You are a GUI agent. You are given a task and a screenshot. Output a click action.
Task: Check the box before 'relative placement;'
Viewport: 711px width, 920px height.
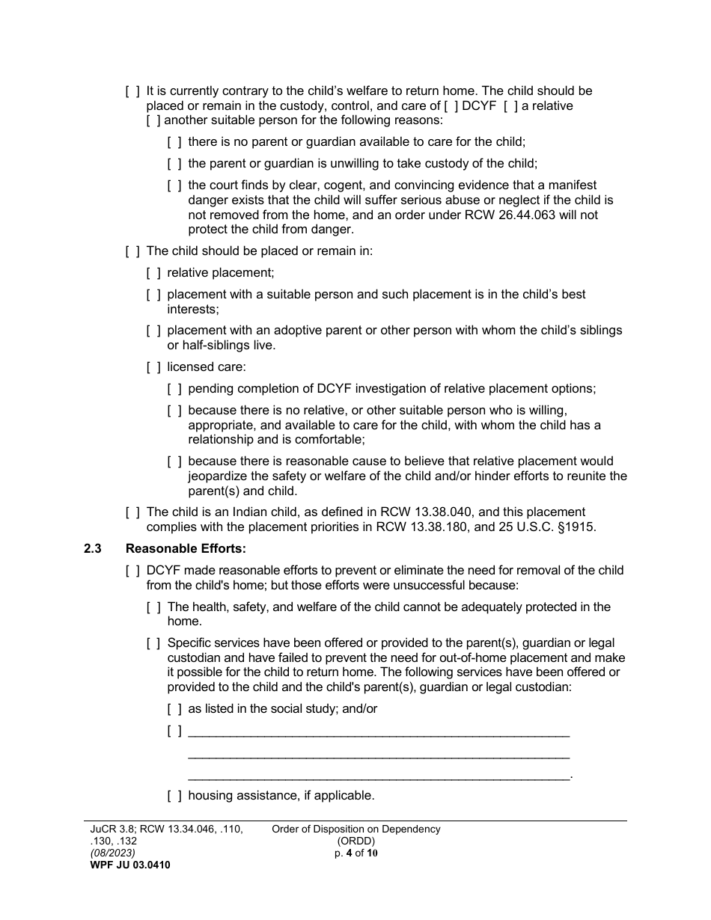pyautogui.click(x=153, y=274)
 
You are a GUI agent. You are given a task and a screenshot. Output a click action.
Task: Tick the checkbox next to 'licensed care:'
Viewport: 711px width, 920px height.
pyautogui.click(x=153, y=367)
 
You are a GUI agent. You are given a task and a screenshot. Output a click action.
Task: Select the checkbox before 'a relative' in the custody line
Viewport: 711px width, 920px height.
pyautogui.click(x=509, y=106)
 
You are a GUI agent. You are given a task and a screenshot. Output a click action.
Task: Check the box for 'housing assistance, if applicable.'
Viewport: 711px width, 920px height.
pyautogui.click(x=174, y=796)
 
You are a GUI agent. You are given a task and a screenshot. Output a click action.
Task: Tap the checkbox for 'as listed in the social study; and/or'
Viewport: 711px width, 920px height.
pyautogui.click(x=174, y=709)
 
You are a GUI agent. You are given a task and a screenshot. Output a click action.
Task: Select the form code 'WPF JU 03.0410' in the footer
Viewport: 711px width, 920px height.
pyautogui.click(x=125, y=865)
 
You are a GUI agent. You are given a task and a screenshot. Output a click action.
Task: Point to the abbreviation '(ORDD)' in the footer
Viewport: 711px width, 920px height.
pyautogui.click(x=355, y=841)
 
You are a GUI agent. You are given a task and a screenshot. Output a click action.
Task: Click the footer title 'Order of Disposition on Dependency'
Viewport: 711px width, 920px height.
pyautogui.click(x=355, y=829)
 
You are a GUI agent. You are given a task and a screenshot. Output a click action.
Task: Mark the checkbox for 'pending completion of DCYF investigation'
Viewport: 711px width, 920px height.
pyautogui.click(x=174, y=389)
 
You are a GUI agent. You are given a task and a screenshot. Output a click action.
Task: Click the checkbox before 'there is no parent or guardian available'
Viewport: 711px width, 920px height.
pyautogui.click(x=174, y=142)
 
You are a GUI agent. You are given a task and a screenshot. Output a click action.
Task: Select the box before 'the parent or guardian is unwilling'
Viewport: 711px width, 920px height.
pyautogui.click(x=174, y=164)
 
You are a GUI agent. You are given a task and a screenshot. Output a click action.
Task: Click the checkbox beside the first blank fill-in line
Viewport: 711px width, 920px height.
pyautogui.click(x=174, y=731)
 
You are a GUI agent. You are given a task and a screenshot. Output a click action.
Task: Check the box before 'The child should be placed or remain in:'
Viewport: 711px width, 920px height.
pyautogui.click(x=132, y=252)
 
